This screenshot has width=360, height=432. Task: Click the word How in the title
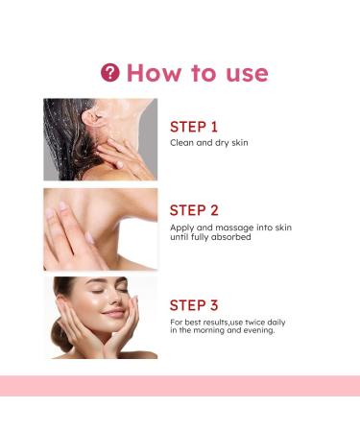(154, 72)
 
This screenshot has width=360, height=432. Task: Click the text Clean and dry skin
(209, 142)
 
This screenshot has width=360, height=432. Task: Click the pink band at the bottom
(180, 386)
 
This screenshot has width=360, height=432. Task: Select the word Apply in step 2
(181, 228)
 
